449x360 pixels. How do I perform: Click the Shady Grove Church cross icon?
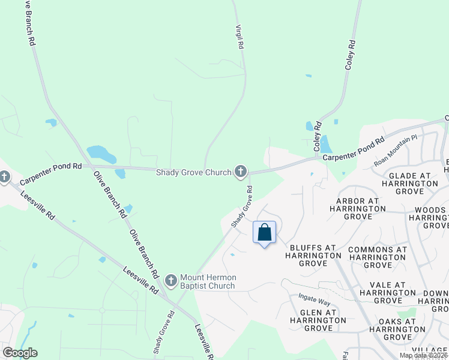pyautogui.click(x=241, y=172)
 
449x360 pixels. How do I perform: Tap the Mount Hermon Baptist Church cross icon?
pyautogui.click(x=170, y=281)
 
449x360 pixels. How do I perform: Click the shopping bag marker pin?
pyautogui.click(x=265, y=233)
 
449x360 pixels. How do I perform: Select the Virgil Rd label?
pyautogui.click(x=240, y=37)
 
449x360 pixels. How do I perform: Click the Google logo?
pyautogui.click(x=20, y=353)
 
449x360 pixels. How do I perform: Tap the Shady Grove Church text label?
pyautogui.click(x=193, y=173)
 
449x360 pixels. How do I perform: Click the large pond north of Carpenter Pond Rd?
pyautogui.click(x=101, y=154)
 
